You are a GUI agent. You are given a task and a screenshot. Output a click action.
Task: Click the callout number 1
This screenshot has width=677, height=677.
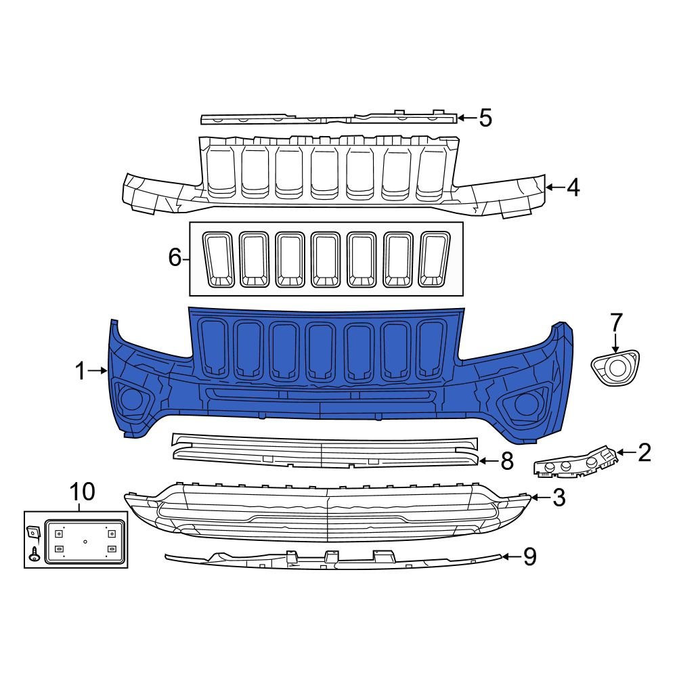coord(80,371)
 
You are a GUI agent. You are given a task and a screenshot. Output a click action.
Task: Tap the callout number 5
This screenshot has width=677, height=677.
coord(485,118)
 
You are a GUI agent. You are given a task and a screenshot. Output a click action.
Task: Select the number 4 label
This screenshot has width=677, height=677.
coord(573,188)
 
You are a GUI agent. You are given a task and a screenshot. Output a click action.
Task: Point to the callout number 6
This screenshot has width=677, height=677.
coord(175,258)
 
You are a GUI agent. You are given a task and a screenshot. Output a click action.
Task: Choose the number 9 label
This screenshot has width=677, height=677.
coord(529,556)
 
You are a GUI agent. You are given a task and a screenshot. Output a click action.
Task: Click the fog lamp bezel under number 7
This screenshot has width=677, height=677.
coord(615,368)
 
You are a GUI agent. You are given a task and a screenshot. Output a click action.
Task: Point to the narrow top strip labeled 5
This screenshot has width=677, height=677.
coord(328,118)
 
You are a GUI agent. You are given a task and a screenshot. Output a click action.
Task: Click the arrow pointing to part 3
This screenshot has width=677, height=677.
coord(538,499)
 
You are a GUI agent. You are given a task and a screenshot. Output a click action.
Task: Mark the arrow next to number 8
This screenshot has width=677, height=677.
coord(489,462)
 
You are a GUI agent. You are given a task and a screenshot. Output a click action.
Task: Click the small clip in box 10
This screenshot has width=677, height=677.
coord(32,533)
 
